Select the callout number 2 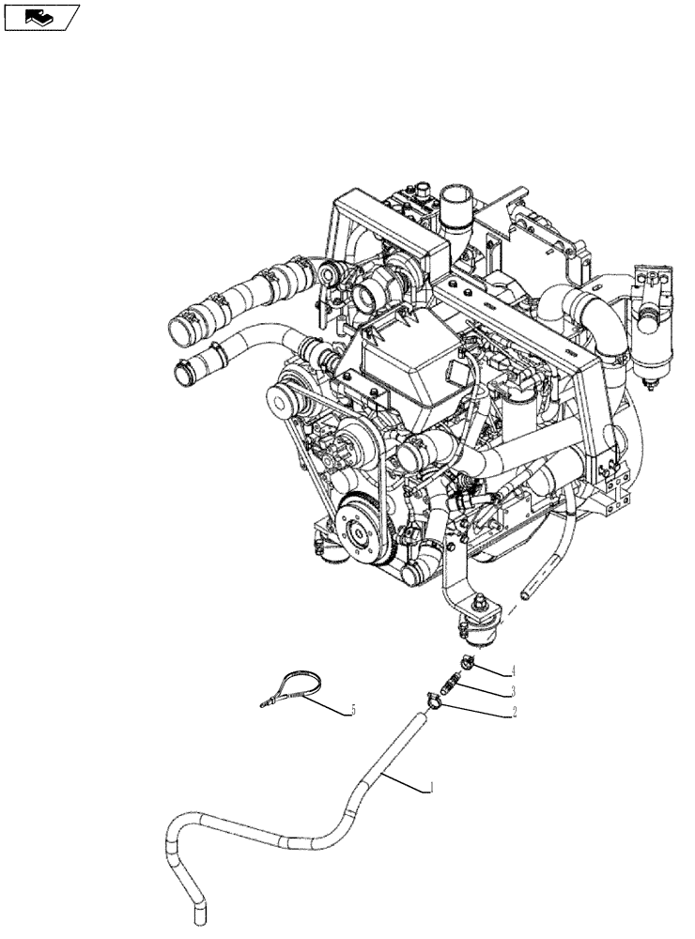point(514,713)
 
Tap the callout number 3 point(514,692)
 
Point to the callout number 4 point(514,670)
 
